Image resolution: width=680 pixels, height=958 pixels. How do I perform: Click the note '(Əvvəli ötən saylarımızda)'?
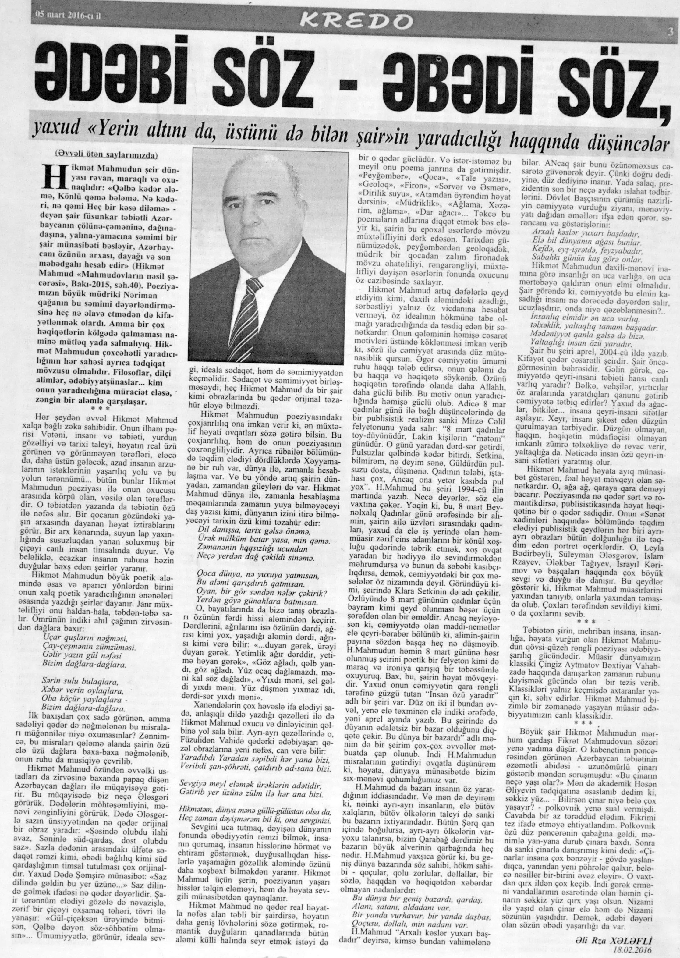[106, 155]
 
